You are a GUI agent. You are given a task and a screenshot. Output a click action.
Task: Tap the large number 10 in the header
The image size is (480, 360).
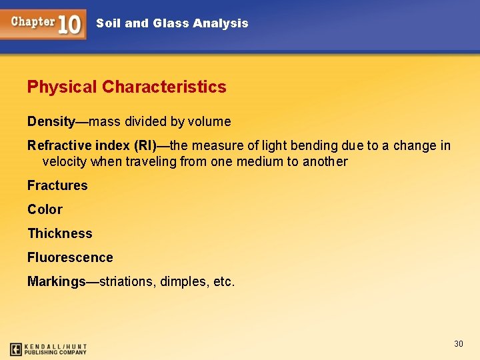click(x=70, y=24)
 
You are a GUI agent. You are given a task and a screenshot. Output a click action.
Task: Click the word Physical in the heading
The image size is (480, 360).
click(x=63, y=87)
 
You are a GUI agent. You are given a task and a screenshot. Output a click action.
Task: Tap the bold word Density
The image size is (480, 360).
click(x=51, y=121)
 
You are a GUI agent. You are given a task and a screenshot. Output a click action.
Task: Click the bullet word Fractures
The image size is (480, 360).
click(x=57, y=185)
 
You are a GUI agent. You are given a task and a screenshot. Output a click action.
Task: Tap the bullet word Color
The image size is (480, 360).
click(x=45, y=209)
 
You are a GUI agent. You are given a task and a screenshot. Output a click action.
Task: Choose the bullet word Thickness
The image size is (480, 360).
click(x=60, y=233)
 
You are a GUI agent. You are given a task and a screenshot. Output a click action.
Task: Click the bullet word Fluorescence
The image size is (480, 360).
click(x=70, y=257)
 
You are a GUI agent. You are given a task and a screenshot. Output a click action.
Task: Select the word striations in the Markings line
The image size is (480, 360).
click(x=127, y=281)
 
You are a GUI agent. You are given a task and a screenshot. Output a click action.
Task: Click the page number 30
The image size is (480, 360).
click(x=458, y=343)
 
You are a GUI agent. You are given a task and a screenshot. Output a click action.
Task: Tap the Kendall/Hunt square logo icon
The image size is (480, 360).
click(x=16, y=349)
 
